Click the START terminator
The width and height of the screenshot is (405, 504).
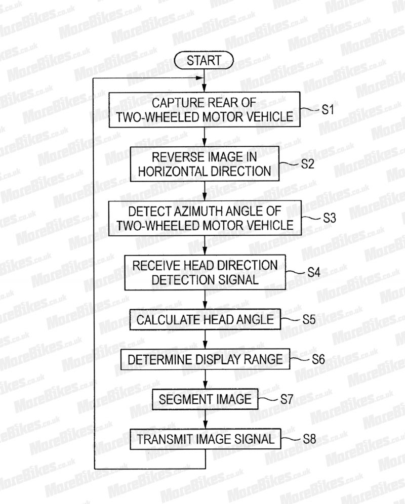coord(204,60)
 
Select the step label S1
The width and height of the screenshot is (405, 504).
coord(328,110)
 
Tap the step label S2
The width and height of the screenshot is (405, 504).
coord(307,164)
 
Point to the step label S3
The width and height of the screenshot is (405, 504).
coord(330,218)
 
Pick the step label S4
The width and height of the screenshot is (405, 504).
coord(314,273)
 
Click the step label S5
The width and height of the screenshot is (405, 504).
coord(309,319)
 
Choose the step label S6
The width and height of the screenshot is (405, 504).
coord(318,359)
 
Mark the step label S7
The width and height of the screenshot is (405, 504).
coord(287,399)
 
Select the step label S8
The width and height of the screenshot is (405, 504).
coord(309,439)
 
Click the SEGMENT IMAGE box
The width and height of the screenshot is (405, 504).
coord(205,399)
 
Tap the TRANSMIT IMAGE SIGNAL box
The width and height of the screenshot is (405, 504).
coord(206,439)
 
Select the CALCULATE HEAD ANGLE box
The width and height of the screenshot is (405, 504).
coord(205,319)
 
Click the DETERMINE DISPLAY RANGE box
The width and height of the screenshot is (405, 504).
coord(205,359)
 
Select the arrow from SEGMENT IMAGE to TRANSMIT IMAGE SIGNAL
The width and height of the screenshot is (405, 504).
coord(205,419)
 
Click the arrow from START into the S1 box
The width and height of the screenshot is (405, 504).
coord(204,80)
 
